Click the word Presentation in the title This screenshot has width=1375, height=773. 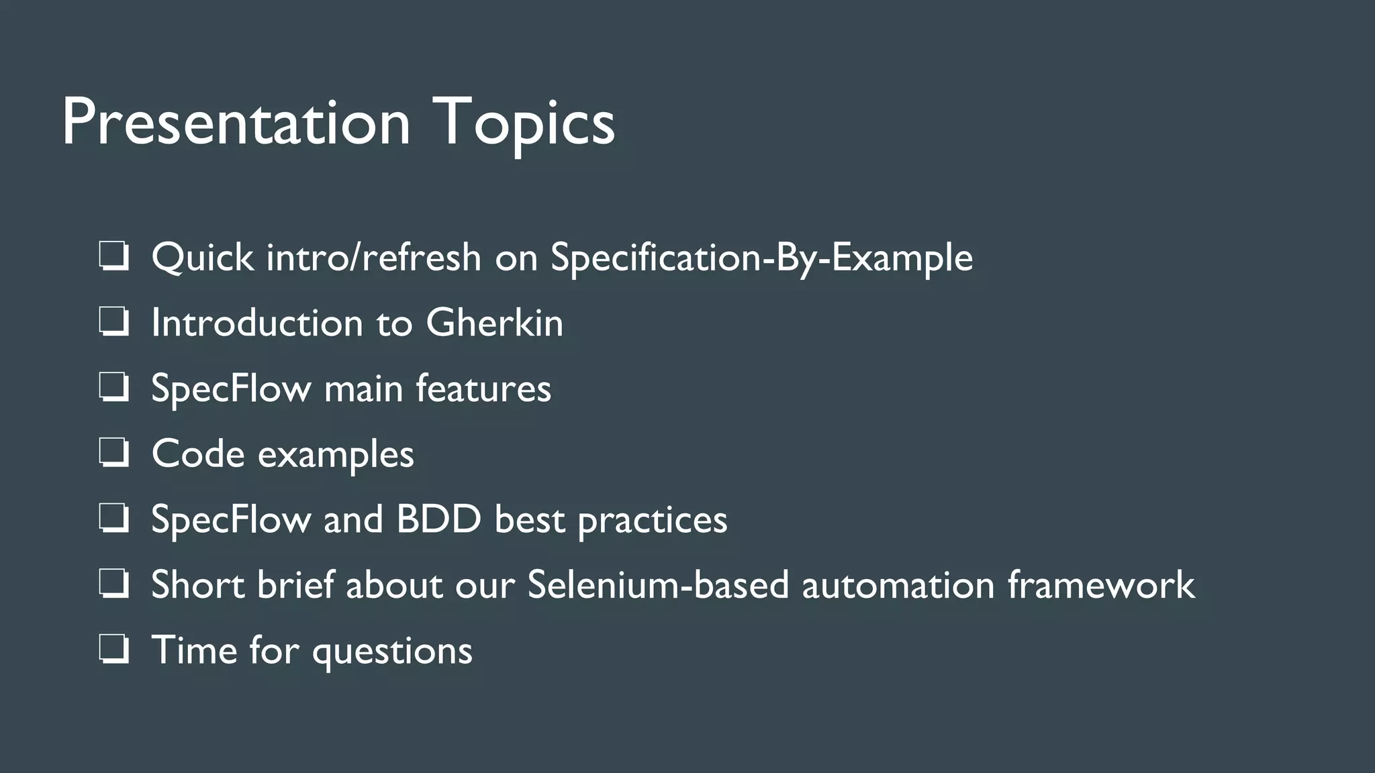(x=235, y=122)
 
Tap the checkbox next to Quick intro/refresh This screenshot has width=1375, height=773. (x=113, y=257)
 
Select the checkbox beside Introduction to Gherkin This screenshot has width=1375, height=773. (x=113, y=322)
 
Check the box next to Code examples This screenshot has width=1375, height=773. (x=113, y=454)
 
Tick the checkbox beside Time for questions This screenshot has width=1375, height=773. (x=113, y=650)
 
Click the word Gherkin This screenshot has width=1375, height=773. (x=494, y=323)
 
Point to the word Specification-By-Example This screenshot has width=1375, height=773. (x=761, y=258)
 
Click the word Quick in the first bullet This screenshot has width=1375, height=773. (x=202, y=257)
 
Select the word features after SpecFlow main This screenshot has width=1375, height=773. (x=483, y=388)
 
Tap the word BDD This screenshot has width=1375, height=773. (x=438, y=519)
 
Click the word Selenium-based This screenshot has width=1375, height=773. (x=657, y=584)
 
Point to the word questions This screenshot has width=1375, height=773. (x=392, y=651)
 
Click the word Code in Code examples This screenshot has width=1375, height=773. (x=198, y=454)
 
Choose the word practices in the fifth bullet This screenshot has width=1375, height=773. (x=652, y=519)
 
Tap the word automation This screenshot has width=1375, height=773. (x=898, y=584)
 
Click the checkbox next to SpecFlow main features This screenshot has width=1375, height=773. (x=113, y=388)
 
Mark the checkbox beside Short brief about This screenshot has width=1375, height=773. (x=113, y=584)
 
